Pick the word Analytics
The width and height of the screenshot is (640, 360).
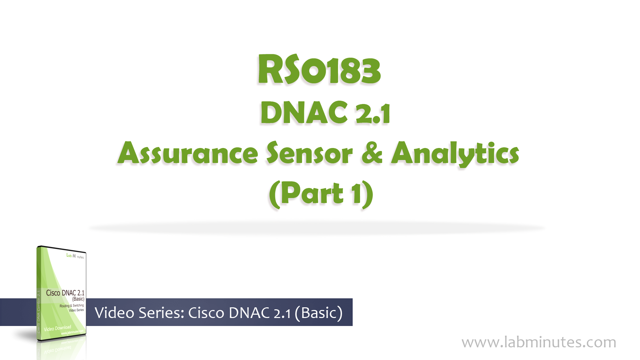click(x=455, y=154)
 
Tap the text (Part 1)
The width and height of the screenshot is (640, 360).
click(x=321, y=194)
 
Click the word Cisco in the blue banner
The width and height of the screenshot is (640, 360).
click(x=206, y=313)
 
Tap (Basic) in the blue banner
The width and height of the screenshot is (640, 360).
click(x=319, y=313)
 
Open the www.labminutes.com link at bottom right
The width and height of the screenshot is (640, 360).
click(x=539, y=342)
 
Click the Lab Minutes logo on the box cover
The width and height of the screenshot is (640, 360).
click(x=75, y=256)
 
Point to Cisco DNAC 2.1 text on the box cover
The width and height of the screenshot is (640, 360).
click(x=65, y=293)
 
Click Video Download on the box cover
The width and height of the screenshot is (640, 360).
click(x=57, y=328)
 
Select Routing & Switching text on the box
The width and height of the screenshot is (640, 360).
click(x=72, y=306)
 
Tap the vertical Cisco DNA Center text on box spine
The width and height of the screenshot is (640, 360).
click(x=39, y=312)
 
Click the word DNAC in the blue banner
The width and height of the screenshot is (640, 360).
click(x=249, y=313)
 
